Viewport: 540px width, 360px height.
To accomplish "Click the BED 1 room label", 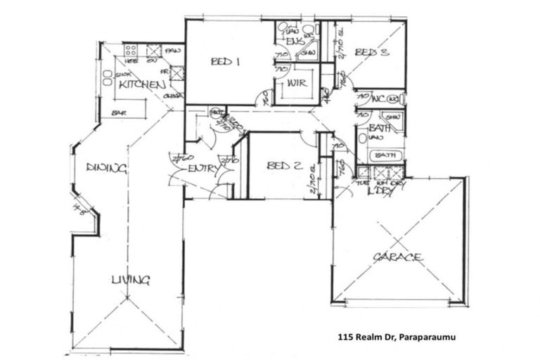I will [226, 62].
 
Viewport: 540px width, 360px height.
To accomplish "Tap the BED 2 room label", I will [285, 166].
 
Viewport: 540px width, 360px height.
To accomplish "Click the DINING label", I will [106, 168].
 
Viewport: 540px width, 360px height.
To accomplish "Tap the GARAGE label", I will [398, 257].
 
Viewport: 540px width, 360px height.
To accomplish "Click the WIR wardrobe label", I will [295, 84].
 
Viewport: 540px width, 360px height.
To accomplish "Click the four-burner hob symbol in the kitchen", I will [131, 50].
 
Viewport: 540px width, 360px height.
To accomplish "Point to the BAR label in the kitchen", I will [120, 112].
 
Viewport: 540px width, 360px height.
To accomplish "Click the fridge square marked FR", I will [175, 74].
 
